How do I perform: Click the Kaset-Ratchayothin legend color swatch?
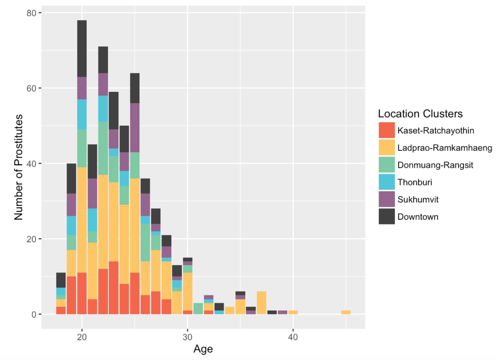(386, 131)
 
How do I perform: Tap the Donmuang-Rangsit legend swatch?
(386, 165)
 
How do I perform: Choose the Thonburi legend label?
(414, 182)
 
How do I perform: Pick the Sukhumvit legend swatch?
(386, 199)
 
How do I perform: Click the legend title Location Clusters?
(420, 114)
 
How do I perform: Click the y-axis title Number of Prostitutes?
(19, 168)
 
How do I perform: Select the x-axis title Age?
(203, 349)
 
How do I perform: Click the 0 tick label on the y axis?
(34, 315)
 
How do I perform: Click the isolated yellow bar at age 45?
(345, 313)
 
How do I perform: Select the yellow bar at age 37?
(261, 303)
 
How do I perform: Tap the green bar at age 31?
(198, 309)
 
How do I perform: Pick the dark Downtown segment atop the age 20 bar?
(82, 48)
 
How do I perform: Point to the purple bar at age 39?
(282, 313)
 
